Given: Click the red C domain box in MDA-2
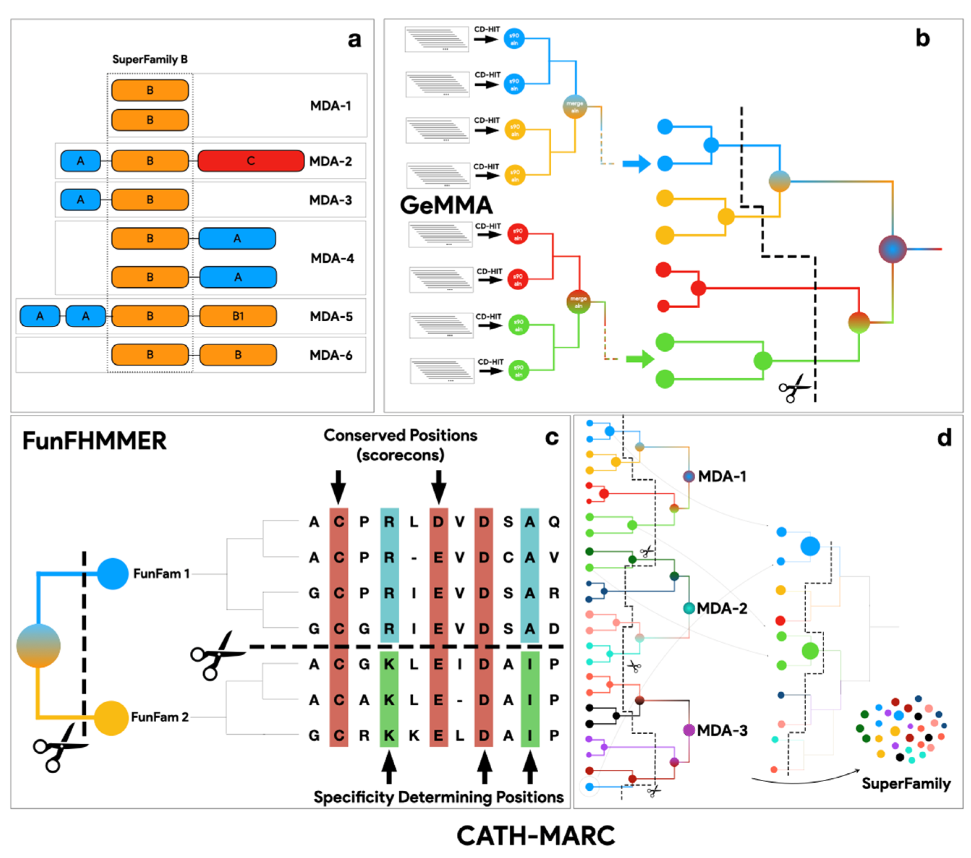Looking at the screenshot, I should click(251, 161).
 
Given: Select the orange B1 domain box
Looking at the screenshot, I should click(238, 316).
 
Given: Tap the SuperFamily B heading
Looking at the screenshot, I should click(150, 59).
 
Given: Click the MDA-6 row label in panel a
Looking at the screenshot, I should click(331, 355).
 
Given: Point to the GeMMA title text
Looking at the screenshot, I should click(446, 205).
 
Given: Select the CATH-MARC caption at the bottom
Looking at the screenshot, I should click(535, 835).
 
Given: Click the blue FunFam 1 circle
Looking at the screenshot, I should click(113, 574).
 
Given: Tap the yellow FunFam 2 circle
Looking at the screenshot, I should click(111, 717).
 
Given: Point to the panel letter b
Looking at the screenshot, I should click(922, 38).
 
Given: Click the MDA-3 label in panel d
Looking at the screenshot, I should click(722, 730).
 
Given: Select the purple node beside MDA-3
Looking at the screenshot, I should click(689, 730).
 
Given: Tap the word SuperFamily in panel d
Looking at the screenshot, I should click(906, 783).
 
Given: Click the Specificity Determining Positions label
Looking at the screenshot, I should click(438, 797).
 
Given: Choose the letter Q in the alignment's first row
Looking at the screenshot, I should click(554, 522).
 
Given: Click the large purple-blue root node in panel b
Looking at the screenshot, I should click(892, 249).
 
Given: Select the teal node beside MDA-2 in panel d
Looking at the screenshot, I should click(689, 608).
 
